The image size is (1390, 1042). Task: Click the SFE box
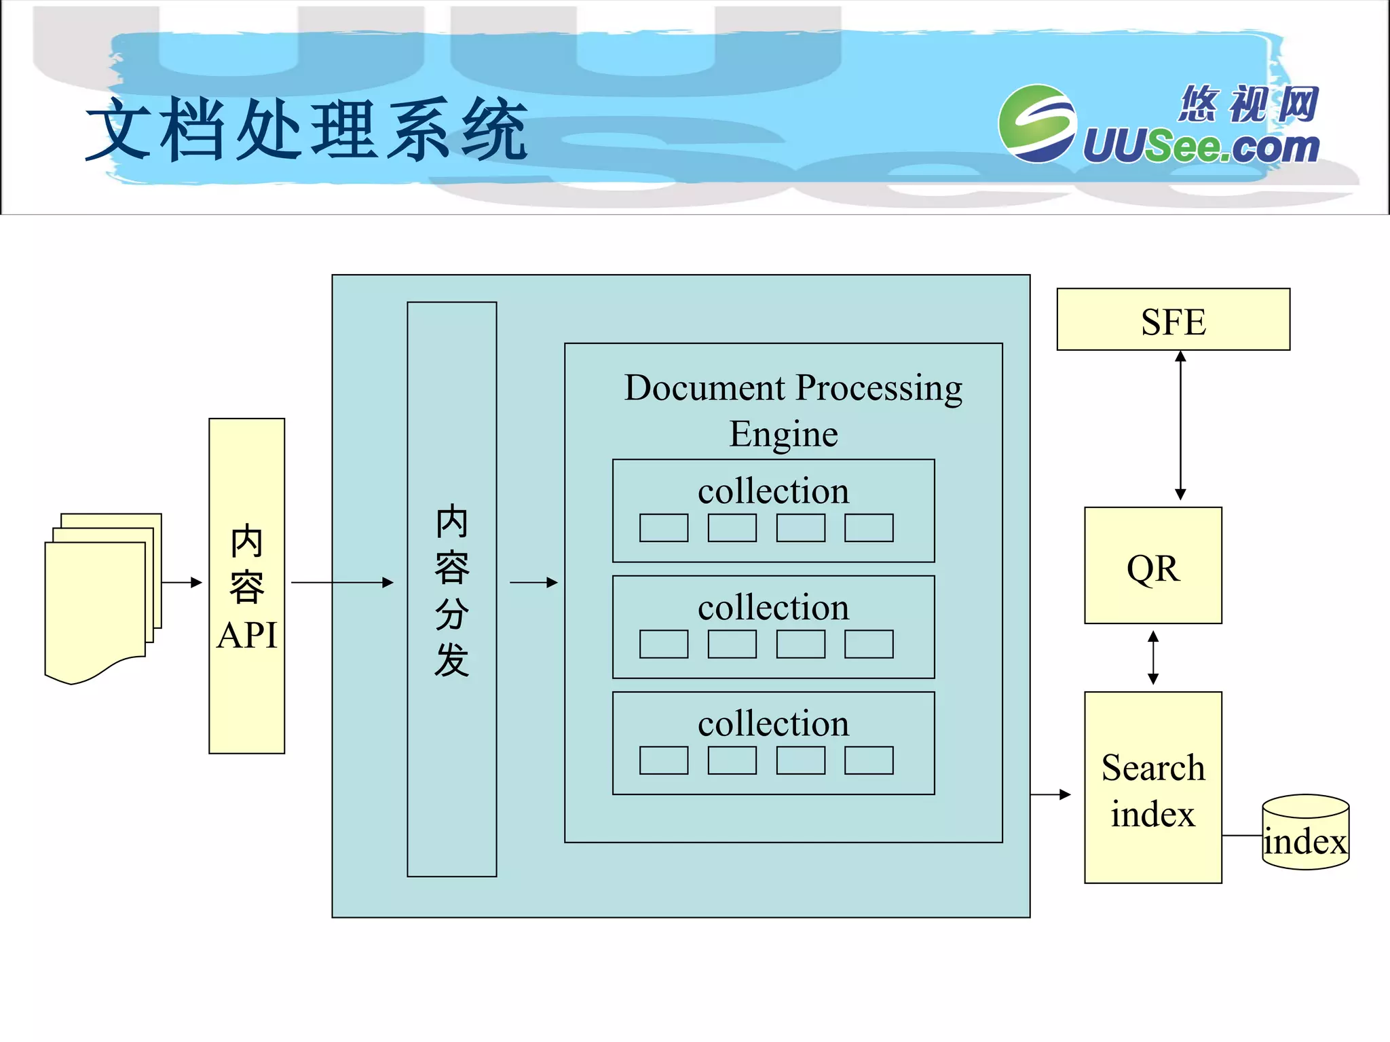pyautogui.click(x=1173, y=320)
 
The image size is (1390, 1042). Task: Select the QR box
pyautogui.click(x=1152, y=566)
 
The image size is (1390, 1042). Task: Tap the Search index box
pyautogui.click(x=1152, y=788)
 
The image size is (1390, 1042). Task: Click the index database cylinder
pyautogui.click(x=1305, y=833)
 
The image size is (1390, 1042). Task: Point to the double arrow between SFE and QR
pyautogui.click(x=1180, y=425)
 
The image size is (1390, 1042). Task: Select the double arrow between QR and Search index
pyautogui.click(x=1152, y=657)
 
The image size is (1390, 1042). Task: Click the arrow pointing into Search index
pyautogui.click(x=1051, y=794)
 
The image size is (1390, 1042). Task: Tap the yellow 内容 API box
pyautogui.click(x=246, y=585)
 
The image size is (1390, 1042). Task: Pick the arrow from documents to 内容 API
pyautogui.click(x=182, y=582)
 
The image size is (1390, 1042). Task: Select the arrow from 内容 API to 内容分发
pyautogui.click(x=342, y=582)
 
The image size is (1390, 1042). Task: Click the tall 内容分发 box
pyautogui.click(x=451, y=589)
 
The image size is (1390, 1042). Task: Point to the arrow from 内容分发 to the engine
pyautogui.click(x=533, y=582)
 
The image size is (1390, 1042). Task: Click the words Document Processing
pyautogui.click(x=793, y=388)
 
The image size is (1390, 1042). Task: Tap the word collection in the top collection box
pyautogui.click(x=773, y=491)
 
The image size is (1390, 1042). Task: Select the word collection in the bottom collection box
pyautogui.click(x=773, y=723)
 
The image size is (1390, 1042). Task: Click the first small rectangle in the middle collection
pyautogui.click(x=663, y=644)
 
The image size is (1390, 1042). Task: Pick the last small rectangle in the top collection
pyautogui.click(x=869, y=528)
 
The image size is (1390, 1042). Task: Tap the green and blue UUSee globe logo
pyautogui.click(x=1036, y=123)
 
